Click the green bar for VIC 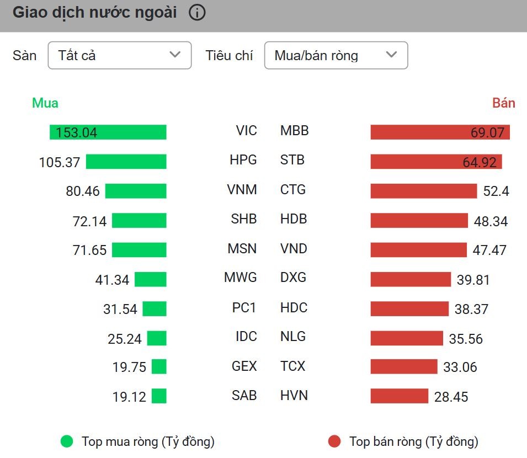point(108,132)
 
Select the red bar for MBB point(440,132)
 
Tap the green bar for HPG point(126,161)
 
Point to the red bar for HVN point(399,396)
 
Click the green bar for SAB point(159,396)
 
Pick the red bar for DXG point(411,279)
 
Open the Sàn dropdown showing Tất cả point(119,55)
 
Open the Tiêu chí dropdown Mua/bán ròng point(336,55)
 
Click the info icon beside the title point(197,13)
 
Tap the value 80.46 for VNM point(83,191)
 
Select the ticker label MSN point(242,249)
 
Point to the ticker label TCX point(292,366)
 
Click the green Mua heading point(45,103)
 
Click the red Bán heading point(503,103)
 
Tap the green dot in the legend point(67,441)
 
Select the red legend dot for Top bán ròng point(334,441)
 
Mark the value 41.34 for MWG point(112,280)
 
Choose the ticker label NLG point(292,337)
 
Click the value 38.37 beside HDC point(471,309)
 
